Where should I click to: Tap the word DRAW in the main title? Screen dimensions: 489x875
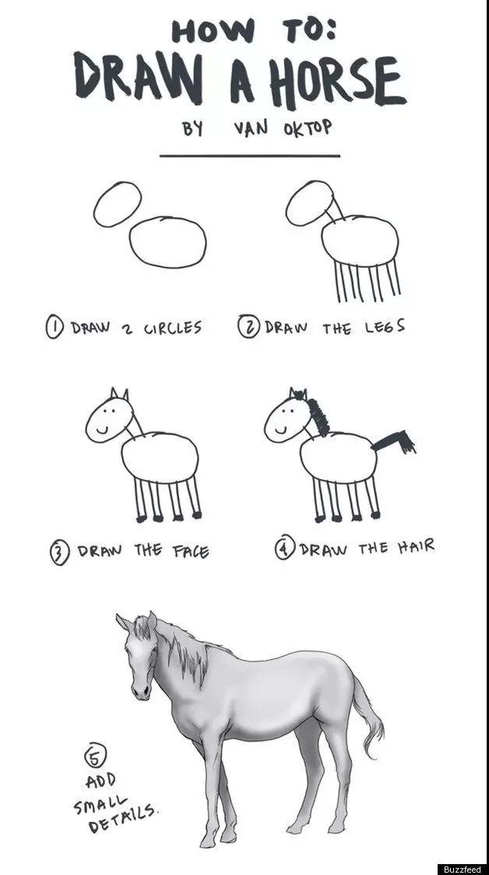tap(139, 78)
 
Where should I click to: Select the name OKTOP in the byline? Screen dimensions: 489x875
tap(308, 128)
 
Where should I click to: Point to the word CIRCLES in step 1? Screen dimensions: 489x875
tap(173, 327)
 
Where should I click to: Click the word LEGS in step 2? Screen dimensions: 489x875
tap(385, 327)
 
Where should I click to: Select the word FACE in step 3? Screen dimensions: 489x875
tap(191, 551)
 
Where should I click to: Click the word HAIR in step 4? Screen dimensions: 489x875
tap(416, 546)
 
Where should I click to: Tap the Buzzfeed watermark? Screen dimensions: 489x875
tap(462, 870)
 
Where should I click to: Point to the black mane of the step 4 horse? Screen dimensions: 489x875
tap(318, 416)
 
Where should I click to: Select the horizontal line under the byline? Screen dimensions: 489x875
tap(250, 156)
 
